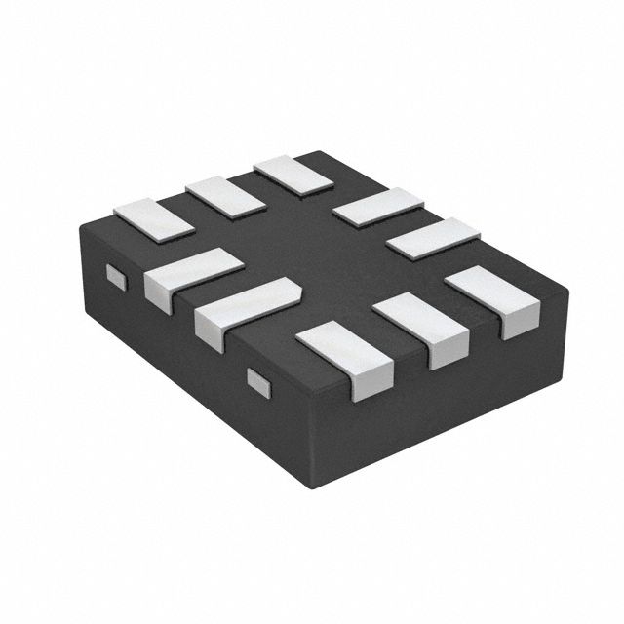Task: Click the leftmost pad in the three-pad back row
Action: (154, 217)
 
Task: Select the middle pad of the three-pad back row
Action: (225, 195)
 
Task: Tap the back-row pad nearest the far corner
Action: (292, 173)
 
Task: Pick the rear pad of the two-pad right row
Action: (376, 208)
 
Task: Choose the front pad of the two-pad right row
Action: (433, 237)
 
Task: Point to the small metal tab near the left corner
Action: (116, 277)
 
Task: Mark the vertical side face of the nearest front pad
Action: (370, 383)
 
